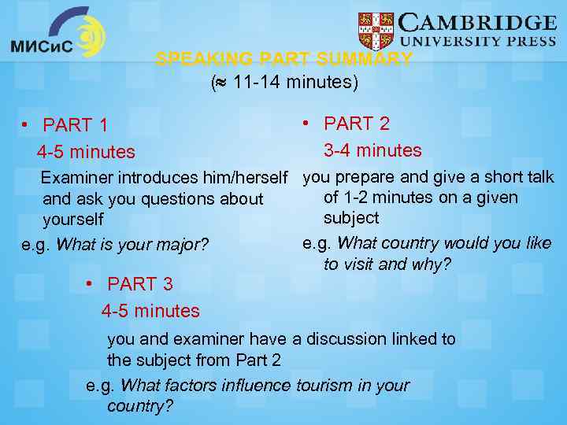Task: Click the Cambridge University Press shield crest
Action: click(376, 31)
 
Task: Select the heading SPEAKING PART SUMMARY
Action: click(284, 59)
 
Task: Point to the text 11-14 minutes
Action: click(291, 81)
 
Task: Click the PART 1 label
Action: click(76, 125)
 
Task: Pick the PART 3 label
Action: click(140, 284)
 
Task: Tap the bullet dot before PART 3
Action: click(91, 283)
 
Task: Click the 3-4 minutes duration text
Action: click(372, 150)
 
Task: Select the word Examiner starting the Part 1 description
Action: click(76, 178)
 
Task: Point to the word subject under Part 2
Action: click(351, 218)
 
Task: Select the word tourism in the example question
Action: click(326, 386)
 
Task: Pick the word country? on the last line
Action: click(140, 406)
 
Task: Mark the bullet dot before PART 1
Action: click(27, 125)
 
